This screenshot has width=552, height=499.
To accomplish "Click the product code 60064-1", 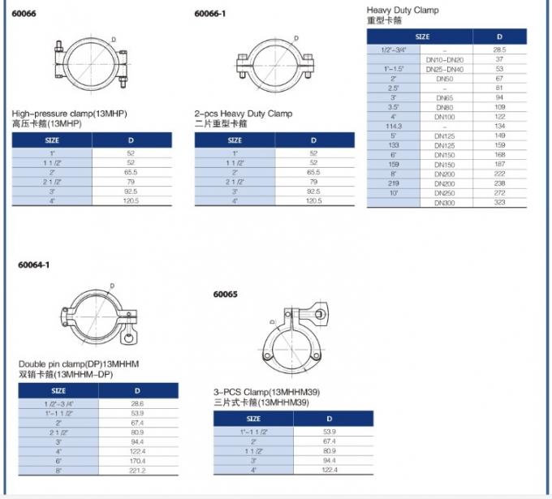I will click(x=32, y=265).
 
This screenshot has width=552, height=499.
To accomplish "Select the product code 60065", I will click(x=225, y=295).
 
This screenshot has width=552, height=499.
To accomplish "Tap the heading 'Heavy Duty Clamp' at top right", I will click(x=403, y=11).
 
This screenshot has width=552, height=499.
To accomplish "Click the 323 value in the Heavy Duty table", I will click(x=499, y=202).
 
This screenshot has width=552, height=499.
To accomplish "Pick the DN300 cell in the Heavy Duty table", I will click(x=445, y=202).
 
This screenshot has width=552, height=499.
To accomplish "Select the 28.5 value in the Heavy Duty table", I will click(x=499, y=50).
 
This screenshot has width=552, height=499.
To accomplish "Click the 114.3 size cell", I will click(x=393, y=126).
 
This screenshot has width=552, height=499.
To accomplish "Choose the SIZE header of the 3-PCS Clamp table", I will click(x=253, y=419).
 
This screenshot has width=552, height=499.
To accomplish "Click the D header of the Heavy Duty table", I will click(x=499, y=37).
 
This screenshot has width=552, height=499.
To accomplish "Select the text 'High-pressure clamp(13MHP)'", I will click(x=69, y=114).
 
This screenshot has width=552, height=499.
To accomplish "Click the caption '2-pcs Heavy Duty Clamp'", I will click(x=244, y=114).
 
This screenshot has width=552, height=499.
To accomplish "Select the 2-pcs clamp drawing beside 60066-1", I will click(x=274, y=63).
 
